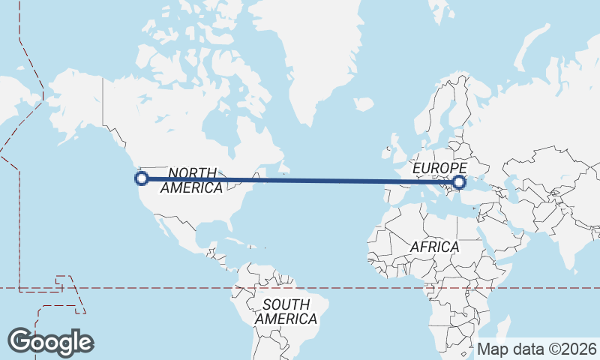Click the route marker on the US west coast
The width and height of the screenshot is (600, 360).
pyautogui.click(x=141, y=178)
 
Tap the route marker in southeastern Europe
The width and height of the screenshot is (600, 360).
pyautogui.click(x=459, y=181)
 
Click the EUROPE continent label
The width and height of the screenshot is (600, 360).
pyautogui.click(x=439, y=168)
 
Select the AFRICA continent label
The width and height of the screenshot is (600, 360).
pyautogui.click(x=434, y=247)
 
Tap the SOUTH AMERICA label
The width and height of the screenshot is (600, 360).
pyautogui.click(x=286, y=312)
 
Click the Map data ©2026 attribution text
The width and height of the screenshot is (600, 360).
pyautogui.click(x=537, y=349)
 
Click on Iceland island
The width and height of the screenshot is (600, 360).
pyautogui.click(x=362, y=105)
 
